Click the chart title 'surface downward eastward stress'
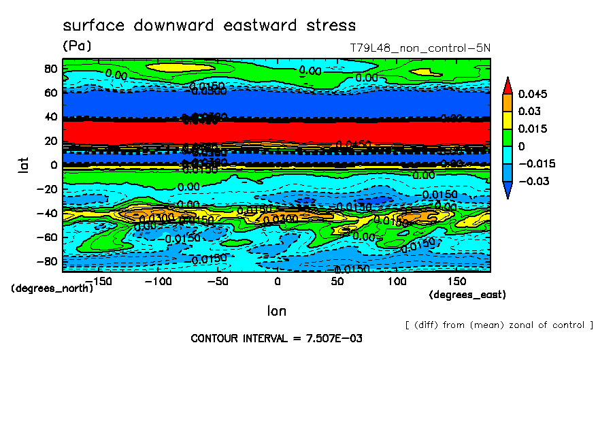pos(209,26)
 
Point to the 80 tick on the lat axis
pos(50,68)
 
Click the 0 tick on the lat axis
pos(53,165)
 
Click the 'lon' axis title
pos(276,311)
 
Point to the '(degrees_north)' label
pos(52,288)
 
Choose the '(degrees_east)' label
pos(467,295)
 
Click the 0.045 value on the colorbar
pos(533,93)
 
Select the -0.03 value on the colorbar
pos(533,181)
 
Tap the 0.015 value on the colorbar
pos(533,129)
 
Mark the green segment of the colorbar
pos(507,137)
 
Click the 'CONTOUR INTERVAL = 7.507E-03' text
pos(276,338)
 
